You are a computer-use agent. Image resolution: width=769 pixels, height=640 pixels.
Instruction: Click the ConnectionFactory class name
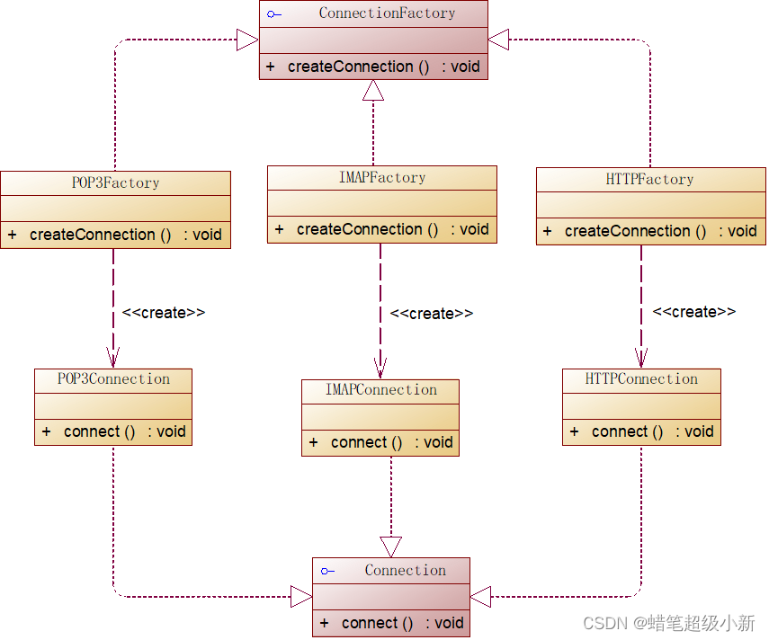point(387,13)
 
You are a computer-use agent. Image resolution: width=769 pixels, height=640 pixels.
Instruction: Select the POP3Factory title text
point(115,182)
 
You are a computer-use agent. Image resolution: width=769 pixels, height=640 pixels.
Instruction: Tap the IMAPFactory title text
point(381,177)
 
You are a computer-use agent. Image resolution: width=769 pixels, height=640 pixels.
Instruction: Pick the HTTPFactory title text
point(649,180)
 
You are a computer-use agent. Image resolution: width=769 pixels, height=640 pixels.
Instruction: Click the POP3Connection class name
point(113,379)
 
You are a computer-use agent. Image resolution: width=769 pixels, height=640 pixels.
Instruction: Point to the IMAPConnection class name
point(380,390)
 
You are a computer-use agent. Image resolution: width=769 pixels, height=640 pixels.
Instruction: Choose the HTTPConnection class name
point(641,379)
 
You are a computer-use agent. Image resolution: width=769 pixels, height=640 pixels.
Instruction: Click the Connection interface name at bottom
point(405,571)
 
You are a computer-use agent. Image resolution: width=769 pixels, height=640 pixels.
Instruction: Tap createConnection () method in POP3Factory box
point(100,235)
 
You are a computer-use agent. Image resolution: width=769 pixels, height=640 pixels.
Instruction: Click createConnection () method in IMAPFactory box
point(367,229)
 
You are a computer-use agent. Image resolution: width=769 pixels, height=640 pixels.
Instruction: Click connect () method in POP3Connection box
point(99,431)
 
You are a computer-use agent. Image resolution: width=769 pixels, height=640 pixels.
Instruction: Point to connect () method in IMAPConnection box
point(366,442)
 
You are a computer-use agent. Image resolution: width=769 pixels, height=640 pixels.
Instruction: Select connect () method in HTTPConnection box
point(627,431)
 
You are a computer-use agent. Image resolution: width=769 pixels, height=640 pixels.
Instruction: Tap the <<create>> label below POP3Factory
point(164,313)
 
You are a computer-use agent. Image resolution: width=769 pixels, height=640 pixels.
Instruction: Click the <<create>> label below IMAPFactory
point(431,314)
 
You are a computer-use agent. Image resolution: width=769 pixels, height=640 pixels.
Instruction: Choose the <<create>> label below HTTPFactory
point(693,312)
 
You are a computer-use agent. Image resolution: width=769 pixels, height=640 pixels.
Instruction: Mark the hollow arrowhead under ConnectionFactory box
point(373,90)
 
